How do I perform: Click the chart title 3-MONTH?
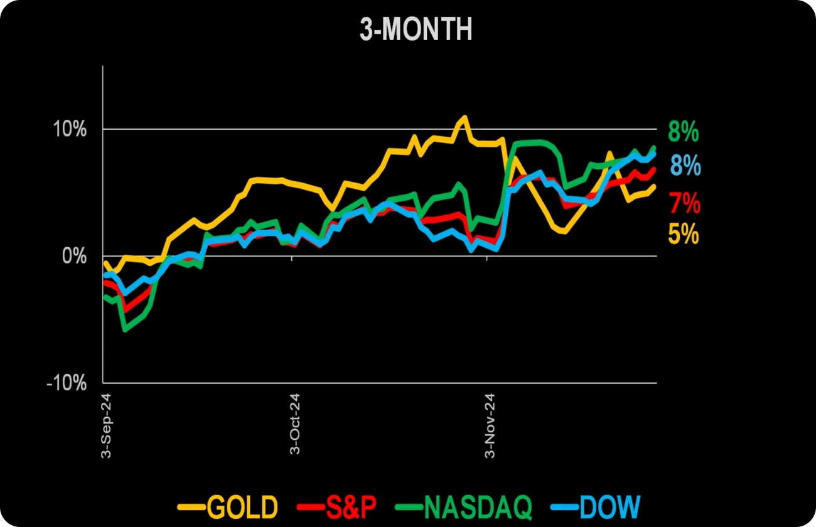(416, 30)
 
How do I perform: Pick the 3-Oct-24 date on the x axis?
(294, 425)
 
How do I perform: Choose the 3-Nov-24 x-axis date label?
(489, 425)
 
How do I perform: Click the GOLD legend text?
(242, 507)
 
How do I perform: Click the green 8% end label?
(684, 132)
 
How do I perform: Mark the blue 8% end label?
(685, 166)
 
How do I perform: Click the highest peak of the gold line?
(464, 117)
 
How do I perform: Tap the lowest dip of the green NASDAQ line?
(124, 329)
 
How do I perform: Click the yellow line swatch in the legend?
(191, 507)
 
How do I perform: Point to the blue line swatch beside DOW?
(562, 507)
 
